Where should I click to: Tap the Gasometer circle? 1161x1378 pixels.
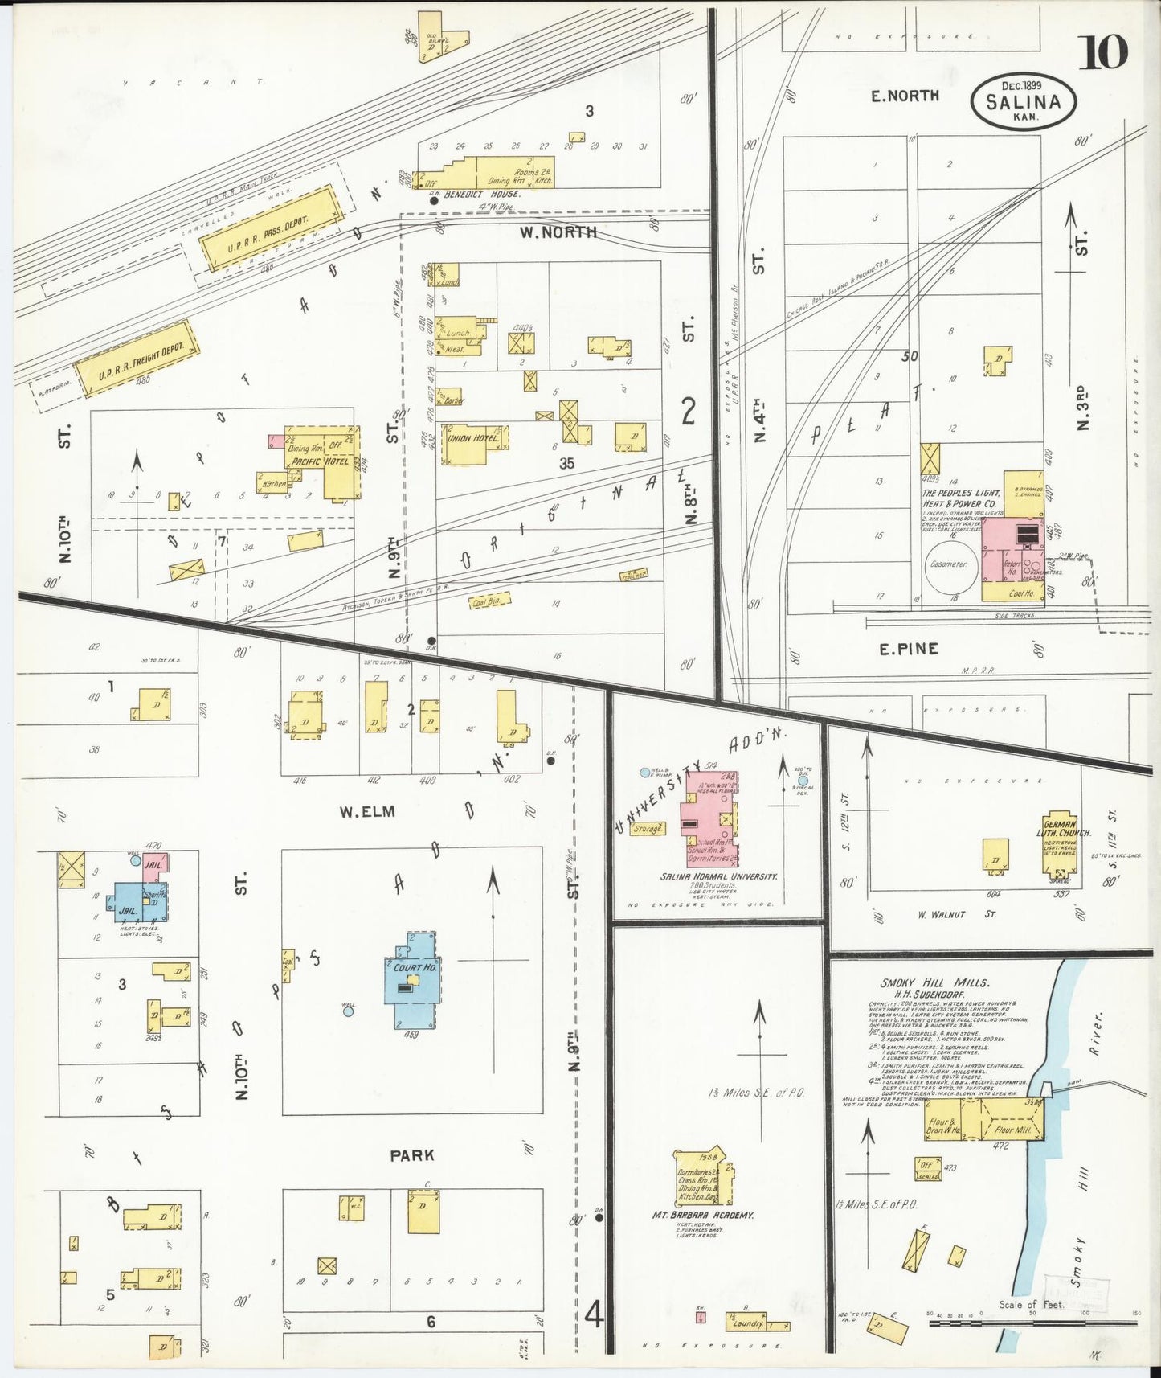(948, 564)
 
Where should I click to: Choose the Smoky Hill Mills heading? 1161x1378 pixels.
(934, 982)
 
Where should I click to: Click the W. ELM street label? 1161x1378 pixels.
(366, 812)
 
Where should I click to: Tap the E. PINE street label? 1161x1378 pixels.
(908, 649)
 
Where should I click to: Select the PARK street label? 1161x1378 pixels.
(411, 1155)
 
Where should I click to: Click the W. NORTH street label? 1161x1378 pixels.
(558, 232)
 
